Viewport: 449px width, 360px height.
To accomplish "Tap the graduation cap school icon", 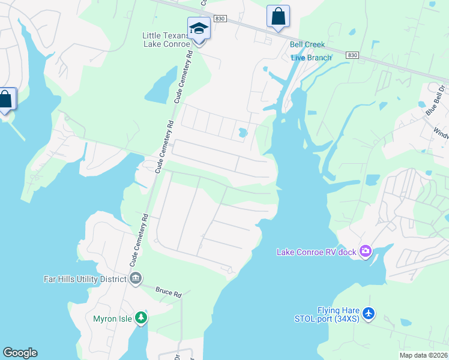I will pyautogui.click(x=199, y=28).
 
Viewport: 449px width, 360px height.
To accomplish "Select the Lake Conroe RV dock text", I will pyautogui.click(x=316, y=252).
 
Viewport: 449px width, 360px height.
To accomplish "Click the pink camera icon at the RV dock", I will pyautogui.click(x=365, y=252).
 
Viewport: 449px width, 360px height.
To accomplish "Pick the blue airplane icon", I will pyautogui.click(x=369, y=313).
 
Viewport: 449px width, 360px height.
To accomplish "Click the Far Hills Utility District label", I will pyautogui.click(x=85, y=279).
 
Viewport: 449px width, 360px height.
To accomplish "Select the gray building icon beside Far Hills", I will pyautogui.click(x=136, y=278).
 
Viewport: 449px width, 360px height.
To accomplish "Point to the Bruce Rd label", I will pyautogui.click(x=169, y=292).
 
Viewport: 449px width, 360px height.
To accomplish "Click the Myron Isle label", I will pyautogui.click(x=113, y=318).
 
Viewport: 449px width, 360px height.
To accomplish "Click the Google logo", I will pyautogui.click(x=20, y=353).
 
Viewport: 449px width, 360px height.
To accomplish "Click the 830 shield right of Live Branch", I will pyautogui.click(x=352, y=55).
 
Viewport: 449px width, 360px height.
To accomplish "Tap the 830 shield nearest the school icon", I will pyautogui.click(x=220, y=19).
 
